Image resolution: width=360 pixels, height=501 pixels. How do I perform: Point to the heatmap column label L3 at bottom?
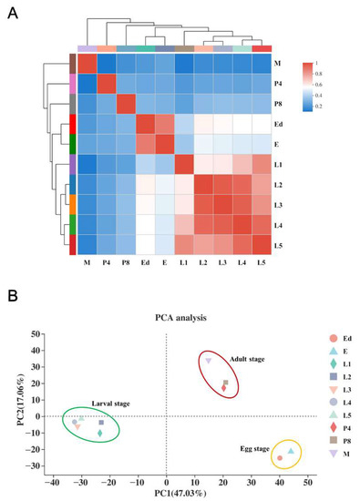221,262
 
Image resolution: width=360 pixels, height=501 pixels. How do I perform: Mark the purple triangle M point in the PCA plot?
209,362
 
